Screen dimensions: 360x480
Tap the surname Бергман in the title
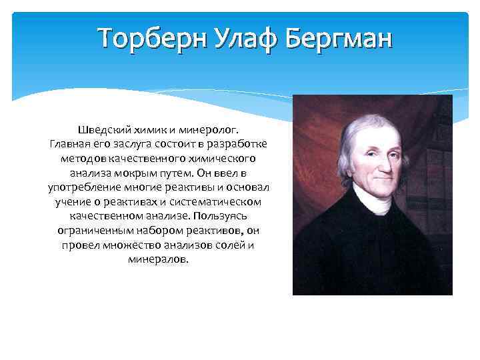click(340, 39)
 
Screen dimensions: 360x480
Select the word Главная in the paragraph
click(69, 143)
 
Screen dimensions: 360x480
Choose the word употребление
click(79, 187)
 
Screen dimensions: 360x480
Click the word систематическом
click(218, 201)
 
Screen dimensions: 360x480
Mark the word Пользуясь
click(223, 216)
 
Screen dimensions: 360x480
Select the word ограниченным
click(89, 231)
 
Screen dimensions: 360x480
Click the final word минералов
click(158, 260)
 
